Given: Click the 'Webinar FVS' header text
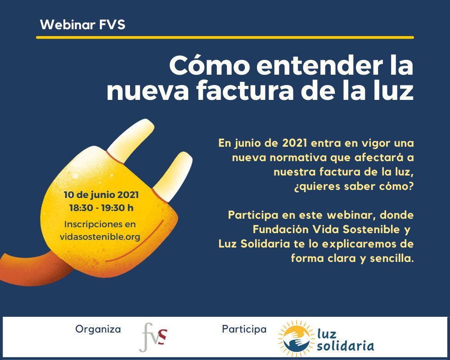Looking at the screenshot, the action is coord(83,25).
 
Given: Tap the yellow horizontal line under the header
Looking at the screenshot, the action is coord(225,37).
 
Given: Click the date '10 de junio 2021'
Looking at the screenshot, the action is coord(101,195).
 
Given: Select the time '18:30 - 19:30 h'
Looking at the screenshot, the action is coord(101,207).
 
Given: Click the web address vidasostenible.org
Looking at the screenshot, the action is coord(100,237).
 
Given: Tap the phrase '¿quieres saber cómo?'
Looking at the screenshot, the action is coord(354,187).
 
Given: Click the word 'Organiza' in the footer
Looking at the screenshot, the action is coord(98,329).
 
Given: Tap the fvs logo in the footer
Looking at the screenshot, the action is coord(154,337).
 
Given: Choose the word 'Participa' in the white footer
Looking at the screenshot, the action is coord(244,329).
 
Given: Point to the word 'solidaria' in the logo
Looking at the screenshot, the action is coord(345,346).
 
